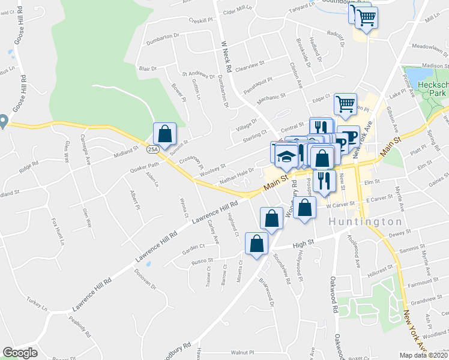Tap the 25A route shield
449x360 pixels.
point(152,149)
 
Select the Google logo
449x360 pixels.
point(20,353)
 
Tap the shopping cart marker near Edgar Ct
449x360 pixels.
point(345,104)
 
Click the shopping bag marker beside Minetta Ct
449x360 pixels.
point(257,244)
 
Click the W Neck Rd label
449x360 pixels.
point(226,53)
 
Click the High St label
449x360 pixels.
point(304,244)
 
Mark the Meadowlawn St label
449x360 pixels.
point(428,46)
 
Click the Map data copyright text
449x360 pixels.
point(423,355)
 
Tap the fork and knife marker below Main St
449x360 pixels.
point(324,181)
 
